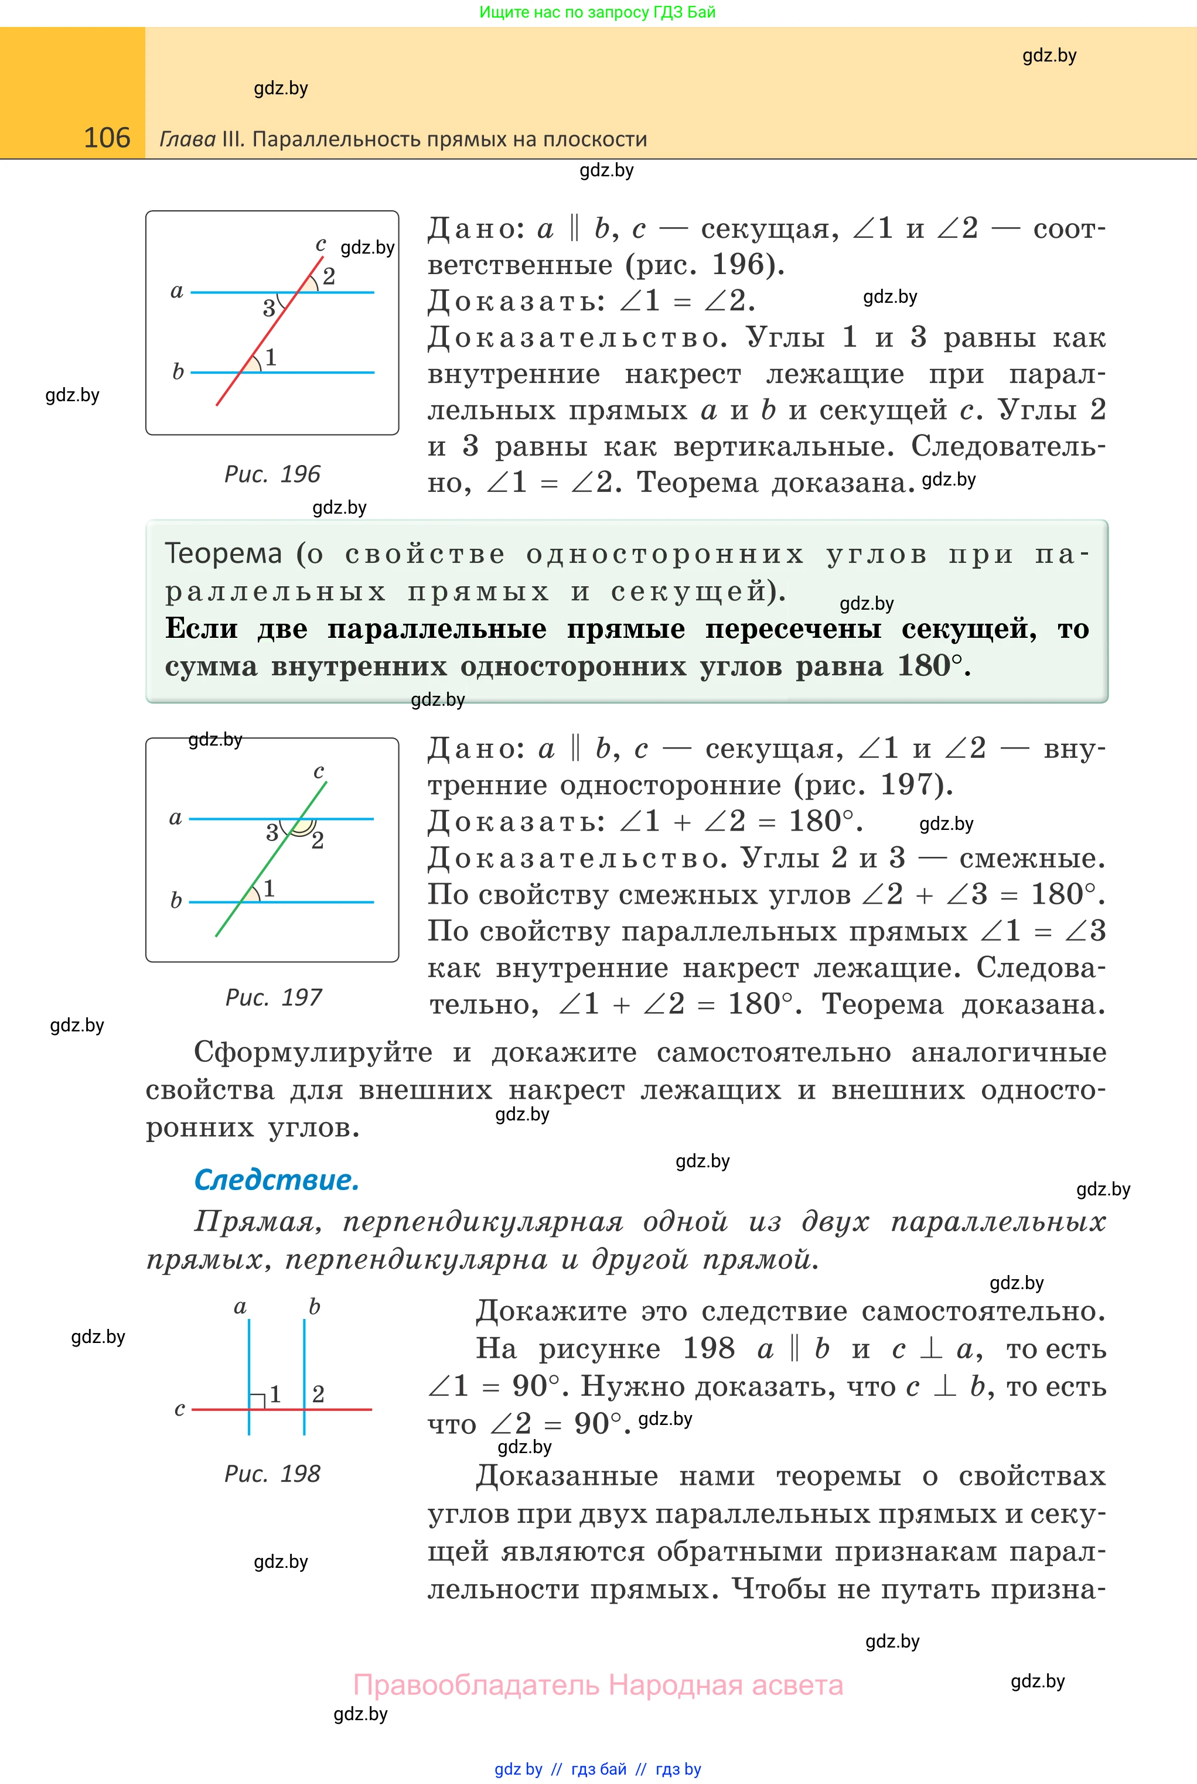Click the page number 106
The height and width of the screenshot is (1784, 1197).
tap(107, 138)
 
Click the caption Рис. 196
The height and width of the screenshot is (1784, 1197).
tap(272, 474)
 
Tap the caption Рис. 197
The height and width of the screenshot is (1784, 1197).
tap(273, 997)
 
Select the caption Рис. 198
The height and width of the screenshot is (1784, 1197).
tap(272, 1474)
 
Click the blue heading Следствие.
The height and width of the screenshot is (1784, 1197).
tap(277, 1180)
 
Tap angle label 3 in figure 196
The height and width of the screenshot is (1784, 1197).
tap(269, 308)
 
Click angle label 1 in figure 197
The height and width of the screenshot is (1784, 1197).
tap(269, 888)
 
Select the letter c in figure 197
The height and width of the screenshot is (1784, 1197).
tap(319, 771)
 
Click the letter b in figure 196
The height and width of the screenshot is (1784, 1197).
tap(178, 371)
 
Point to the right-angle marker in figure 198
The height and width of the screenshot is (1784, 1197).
tap(258, 1399)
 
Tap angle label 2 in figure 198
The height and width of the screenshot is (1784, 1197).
tap(318, 1394)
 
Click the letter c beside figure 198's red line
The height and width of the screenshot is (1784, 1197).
tap(179, 1409)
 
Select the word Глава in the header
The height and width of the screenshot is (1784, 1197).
tap(187, 139)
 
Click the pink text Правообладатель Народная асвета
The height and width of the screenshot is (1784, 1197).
tap(598, 1685)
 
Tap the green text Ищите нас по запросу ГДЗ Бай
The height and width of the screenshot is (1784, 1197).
tap(597, 12)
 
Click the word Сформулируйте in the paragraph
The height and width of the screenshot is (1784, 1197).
tap(313, 1052)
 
